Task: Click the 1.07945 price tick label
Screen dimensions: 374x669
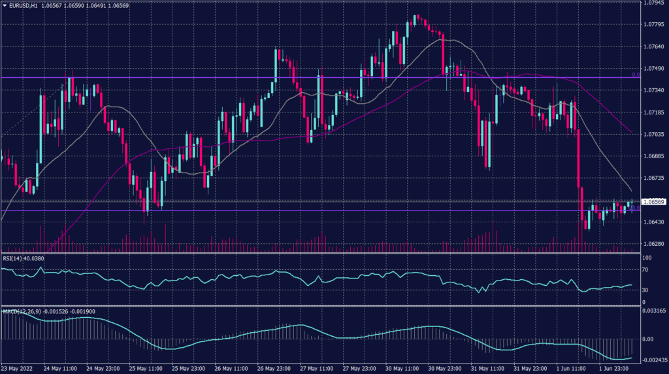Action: click(654, 3)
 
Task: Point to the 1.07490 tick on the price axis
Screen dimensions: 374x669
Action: click(654, 69)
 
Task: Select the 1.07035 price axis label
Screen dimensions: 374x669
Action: click(654, 134)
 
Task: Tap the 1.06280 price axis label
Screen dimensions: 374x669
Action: click(654, 244)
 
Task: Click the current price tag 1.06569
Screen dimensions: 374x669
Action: click(654, 202)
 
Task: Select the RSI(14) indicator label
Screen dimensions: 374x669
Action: click(12, 258)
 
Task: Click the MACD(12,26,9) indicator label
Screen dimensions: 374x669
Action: click(20, 311)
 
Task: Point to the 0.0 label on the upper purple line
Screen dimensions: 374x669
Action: click(636, 75)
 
